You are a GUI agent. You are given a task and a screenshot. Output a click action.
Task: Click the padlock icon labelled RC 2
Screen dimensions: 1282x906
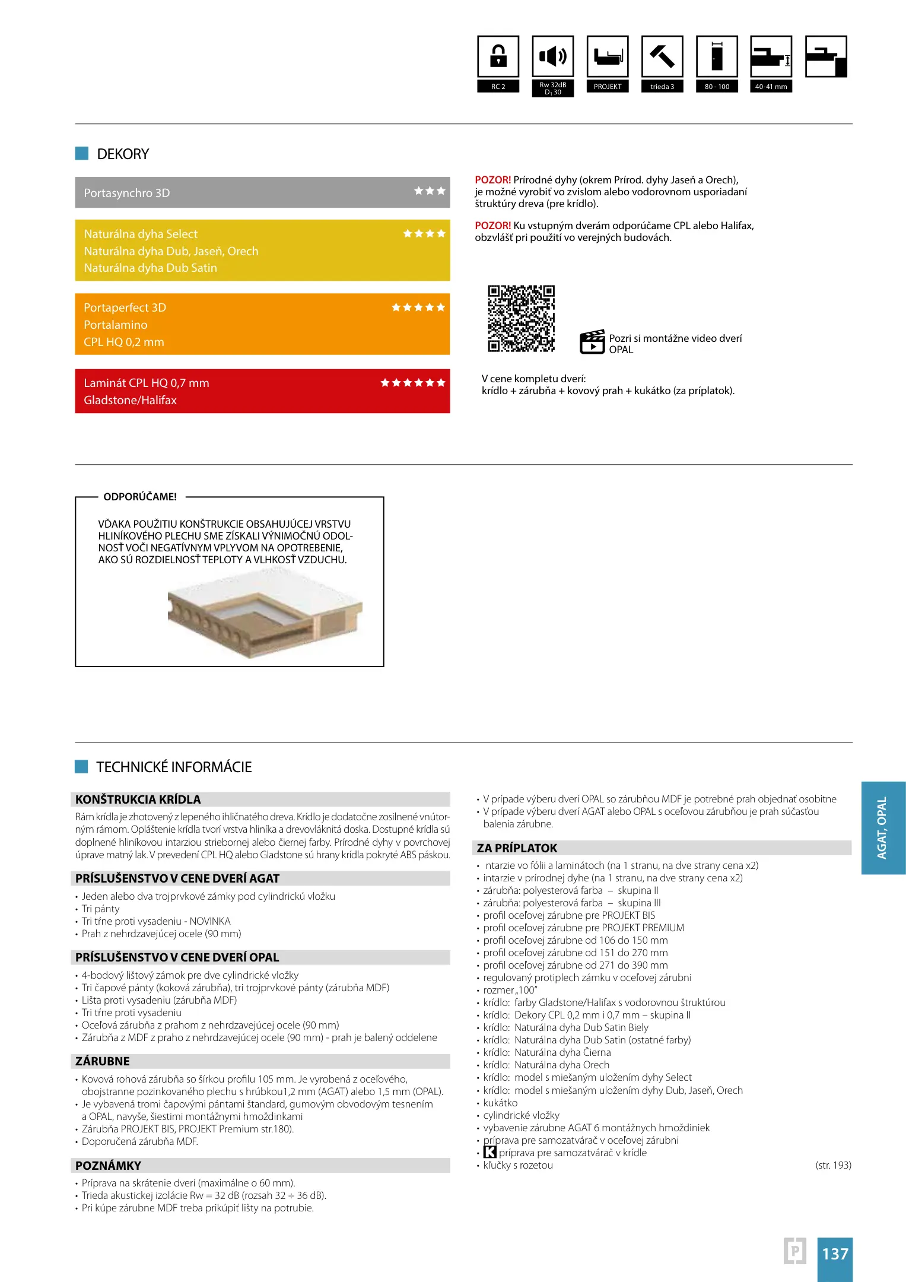click(x=498, y=56)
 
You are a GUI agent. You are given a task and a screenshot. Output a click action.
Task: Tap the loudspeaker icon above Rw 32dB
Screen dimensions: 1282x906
click(x=553, y=56)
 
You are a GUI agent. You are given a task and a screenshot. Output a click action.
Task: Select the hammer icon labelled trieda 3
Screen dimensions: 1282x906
click(x=662, y=56)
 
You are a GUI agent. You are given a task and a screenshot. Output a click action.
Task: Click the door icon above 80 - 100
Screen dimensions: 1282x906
click(x=717, y=56)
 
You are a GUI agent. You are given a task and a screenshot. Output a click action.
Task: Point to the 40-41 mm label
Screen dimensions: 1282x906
click(x=771, y=87)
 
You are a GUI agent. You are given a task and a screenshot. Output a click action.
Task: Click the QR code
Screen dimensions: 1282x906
click(x=521, y=319)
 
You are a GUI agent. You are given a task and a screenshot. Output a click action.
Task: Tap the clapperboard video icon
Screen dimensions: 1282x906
click(x=592, y=342)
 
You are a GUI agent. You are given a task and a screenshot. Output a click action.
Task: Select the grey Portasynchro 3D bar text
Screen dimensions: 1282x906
click(x=127, y=193)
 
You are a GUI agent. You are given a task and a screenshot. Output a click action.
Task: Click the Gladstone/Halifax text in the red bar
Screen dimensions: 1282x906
click(x=131, y=400)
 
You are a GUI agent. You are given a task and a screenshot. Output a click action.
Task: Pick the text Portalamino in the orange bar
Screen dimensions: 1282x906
click(x=116, y=325)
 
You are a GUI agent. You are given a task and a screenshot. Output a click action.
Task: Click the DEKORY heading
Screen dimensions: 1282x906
click(x=123, y=154)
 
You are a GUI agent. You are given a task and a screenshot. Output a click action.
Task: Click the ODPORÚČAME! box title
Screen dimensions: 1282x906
click(x=140, y=497)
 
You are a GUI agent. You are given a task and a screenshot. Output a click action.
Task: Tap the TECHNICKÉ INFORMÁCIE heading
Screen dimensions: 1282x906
click(x=174, y=767)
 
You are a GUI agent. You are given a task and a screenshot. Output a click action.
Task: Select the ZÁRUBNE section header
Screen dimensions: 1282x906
click(x=103, y=1061)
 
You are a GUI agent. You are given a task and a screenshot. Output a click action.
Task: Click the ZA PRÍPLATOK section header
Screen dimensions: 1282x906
click(x=517, y=848)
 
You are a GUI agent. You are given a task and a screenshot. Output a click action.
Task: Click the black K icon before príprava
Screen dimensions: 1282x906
click(x=489, y=1152)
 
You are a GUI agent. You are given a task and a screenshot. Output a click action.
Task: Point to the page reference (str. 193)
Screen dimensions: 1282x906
click(x=833, y=1165)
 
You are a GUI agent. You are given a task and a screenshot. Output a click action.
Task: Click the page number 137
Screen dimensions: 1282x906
click(x=835, y=1254)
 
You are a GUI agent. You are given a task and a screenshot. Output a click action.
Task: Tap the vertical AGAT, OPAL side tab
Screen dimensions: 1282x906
click(x=883, y=827)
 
